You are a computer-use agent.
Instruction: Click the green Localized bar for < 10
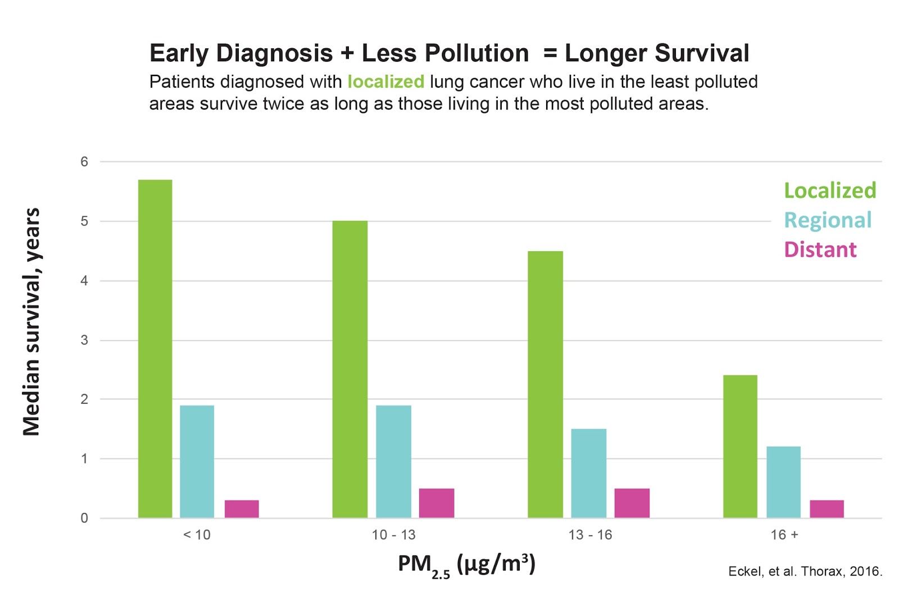point(155,348)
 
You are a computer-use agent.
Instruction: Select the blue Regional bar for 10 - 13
point(393,461)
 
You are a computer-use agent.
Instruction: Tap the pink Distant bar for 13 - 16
point(632,503)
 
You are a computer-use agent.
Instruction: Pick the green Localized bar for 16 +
point(740,446)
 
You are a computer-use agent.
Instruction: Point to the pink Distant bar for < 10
point(242,508)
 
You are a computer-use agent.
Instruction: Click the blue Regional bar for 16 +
point(783,482)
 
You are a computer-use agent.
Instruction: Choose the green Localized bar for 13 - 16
point(545,384)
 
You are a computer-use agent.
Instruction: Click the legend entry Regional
point(828,220)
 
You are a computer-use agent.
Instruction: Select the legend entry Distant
point(820,249)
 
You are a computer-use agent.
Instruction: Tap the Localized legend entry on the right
point(830,190)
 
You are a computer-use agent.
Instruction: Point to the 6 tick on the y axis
point(84,162)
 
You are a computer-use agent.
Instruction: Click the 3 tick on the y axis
point(84,340)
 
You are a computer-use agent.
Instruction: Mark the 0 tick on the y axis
point(84,518)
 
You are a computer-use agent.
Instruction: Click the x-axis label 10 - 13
point(393,535)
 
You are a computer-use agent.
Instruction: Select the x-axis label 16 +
point(784,535)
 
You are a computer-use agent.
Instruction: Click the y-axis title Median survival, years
point(31,321)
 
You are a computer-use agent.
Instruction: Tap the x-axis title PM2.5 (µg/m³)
point(466,564)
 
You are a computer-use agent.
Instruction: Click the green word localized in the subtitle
point(385,82)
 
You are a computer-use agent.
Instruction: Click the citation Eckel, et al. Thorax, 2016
point(805,571)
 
